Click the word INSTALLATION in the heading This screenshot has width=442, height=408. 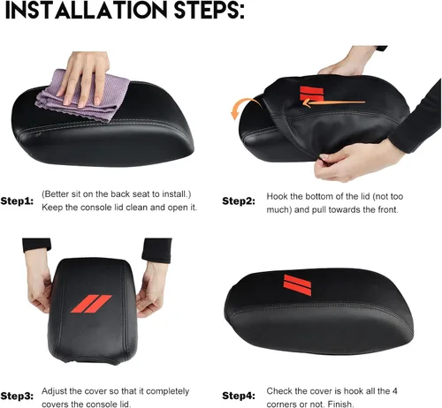pos(86,10)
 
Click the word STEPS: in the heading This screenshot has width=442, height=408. pos(210,10)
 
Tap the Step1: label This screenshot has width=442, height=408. pos(17,201)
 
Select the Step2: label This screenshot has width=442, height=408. pos(239,201)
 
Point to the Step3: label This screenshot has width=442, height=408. pos(17,396)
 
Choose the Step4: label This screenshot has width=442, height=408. pos(239,396)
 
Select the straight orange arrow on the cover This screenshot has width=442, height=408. pos(333,102)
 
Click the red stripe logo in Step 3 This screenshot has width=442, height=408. pos(91,304)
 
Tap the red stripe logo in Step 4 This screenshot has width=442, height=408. pos(297,284)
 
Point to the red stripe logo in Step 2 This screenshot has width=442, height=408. pos(311,94)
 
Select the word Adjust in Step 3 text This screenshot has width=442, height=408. pos(53,392)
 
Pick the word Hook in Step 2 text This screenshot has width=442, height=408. pos(277,196)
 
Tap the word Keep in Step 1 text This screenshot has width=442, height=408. pos(52,208)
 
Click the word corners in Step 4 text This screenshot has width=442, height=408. pos(280,404)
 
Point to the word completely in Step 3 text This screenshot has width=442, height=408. pos(167,392)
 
